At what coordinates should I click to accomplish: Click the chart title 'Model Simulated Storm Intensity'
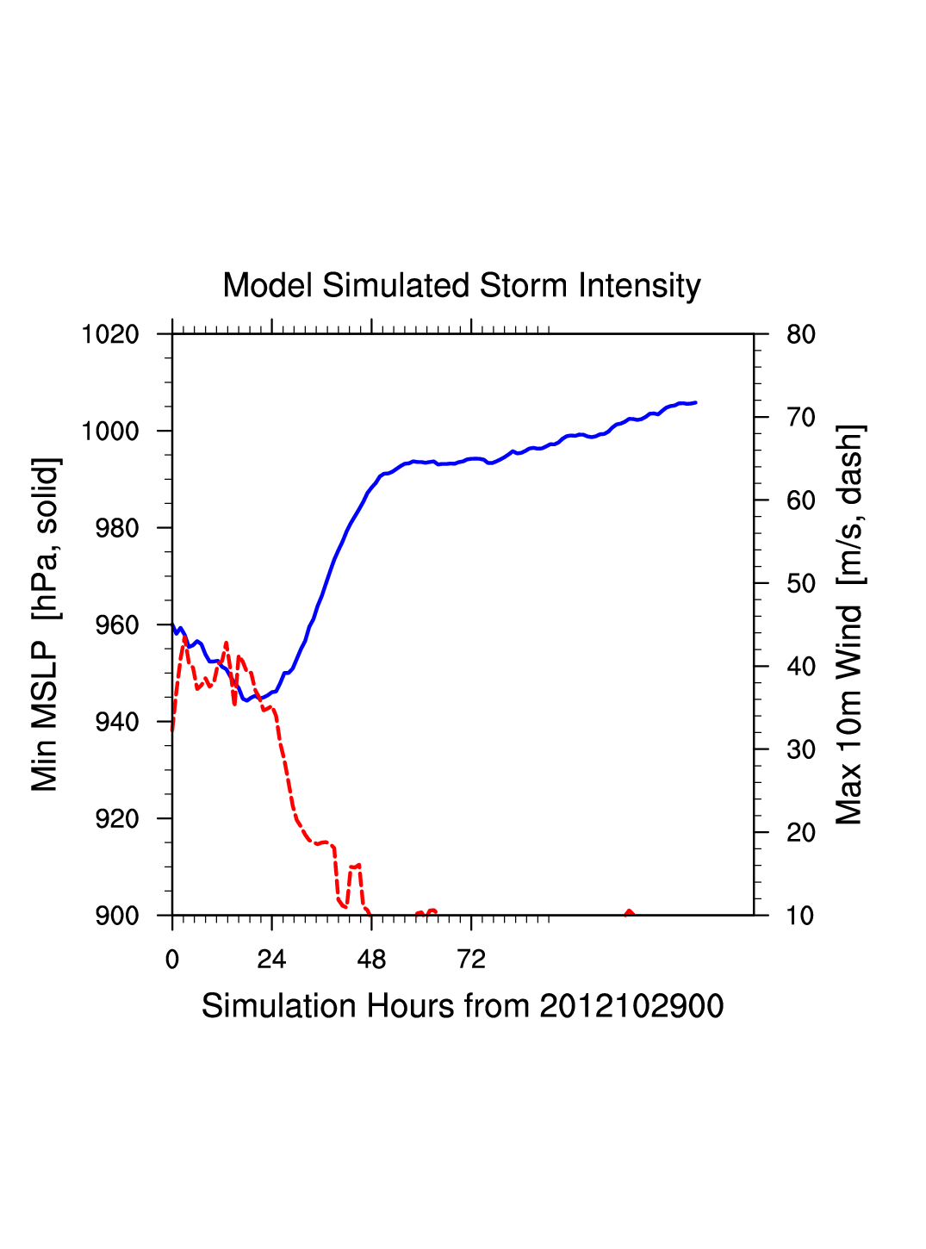(x=462, y=286)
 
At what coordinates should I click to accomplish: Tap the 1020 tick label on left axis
(x=110, y=334)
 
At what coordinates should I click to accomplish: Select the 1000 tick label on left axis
(x=110, y=431)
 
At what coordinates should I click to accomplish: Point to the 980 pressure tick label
(x=117, y=528)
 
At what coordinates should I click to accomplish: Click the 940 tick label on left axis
(x=117, y=722)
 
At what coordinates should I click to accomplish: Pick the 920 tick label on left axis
(x=117, y=818)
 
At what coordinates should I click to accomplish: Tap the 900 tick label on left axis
(x=117, y=916)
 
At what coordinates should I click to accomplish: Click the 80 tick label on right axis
(x=801, y=334)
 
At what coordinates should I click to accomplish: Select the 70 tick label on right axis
(x=801, y=418)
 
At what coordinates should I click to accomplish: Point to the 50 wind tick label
(x=801, y=584)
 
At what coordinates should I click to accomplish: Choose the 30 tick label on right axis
(x=801, y=749)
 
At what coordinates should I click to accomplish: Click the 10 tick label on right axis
(x=801, y=916)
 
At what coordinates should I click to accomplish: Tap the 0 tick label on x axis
(x=172, y=960)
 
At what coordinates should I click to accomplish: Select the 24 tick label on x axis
(x=271, y=960)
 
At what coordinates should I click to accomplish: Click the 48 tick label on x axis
(x=371, y=960)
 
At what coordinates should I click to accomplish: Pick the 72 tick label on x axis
(x=471, y=960)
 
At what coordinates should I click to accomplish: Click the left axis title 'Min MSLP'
(x=45, y=624)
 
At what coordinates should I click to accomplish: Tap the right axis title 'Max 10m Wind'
(x=849, y=624)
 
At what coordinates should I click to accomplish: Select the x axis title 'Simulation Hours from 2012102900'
(x=463, y=1006)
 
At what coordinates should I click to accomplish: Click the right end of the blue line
(x=695, y=402)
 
